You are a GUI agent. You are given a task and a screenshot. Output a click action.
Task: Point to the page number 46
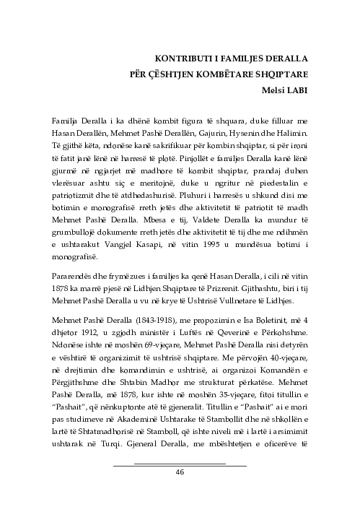click(x=180, y=472)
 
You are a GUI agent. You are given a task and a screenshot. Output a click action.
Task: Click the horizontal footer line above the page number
click(x=180, y=463)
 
